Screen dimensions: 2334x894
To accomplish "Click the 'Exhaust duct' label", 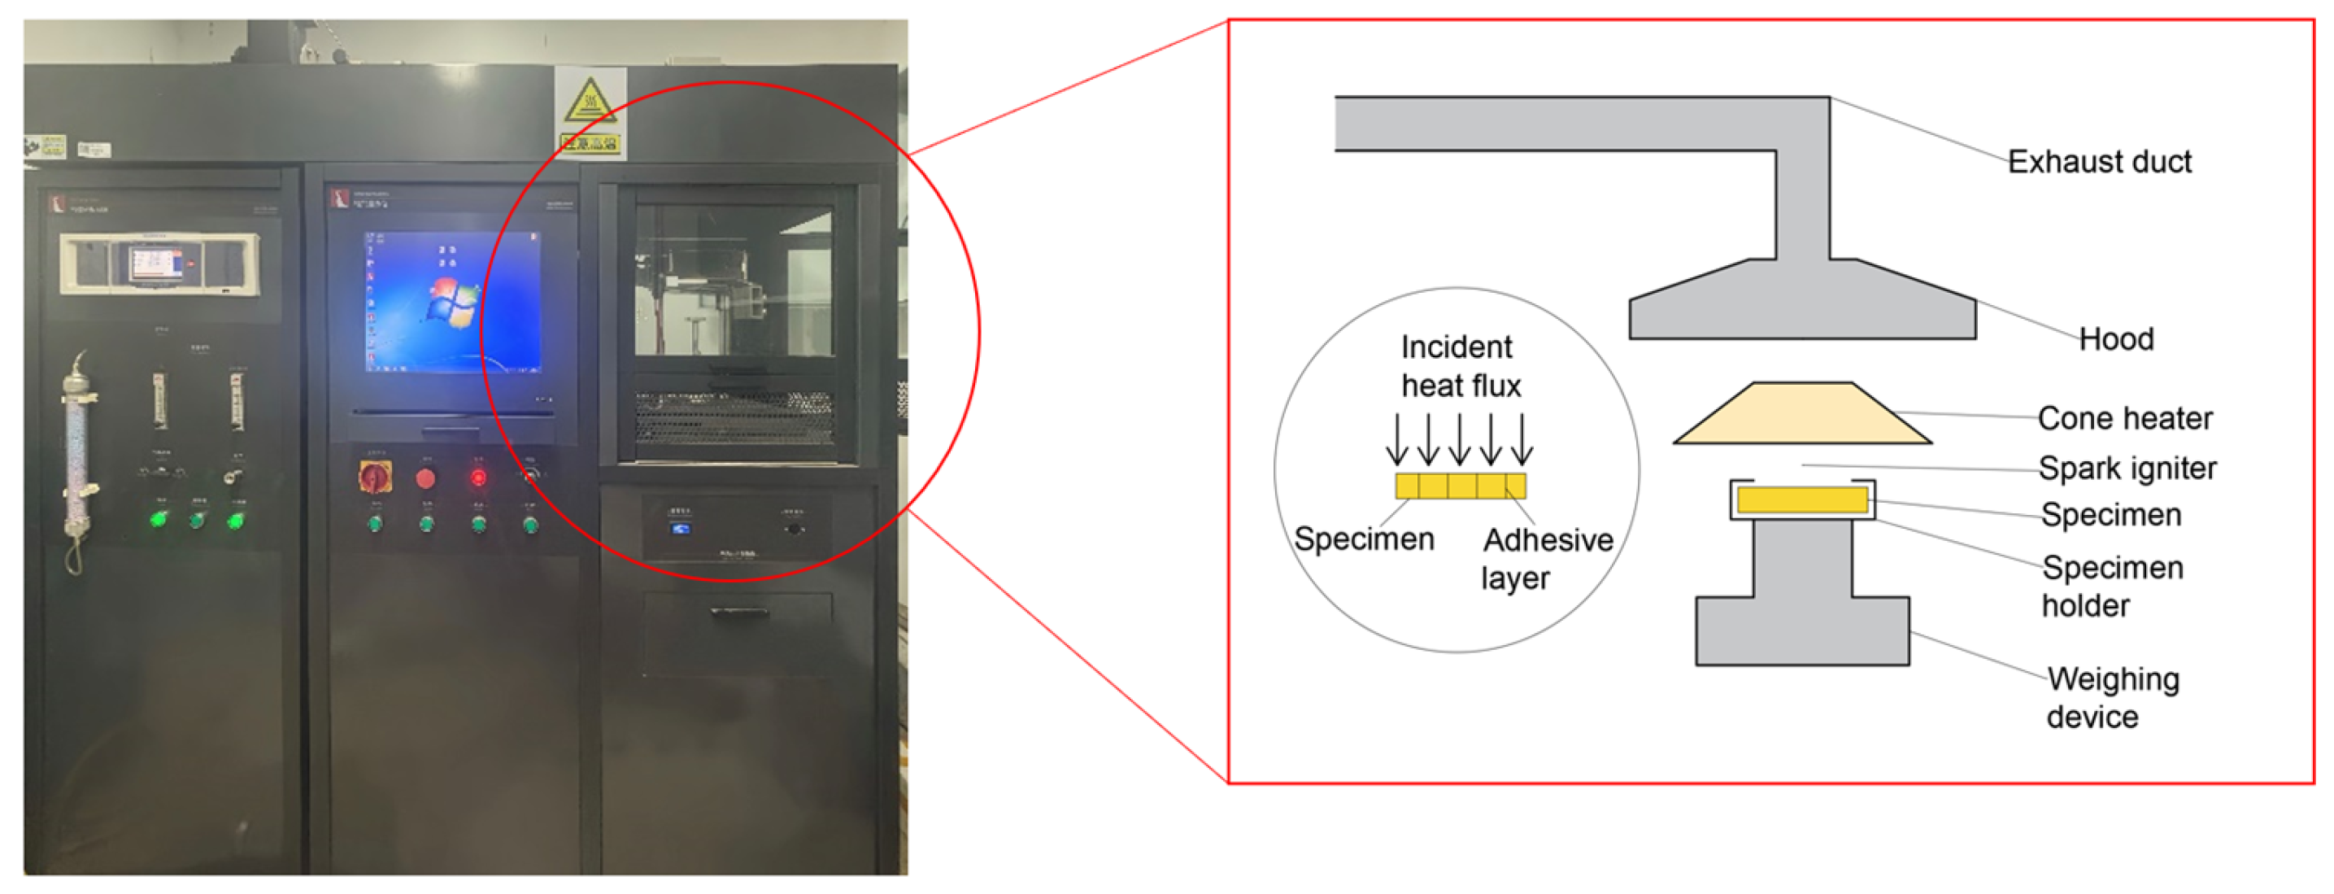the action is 2098,161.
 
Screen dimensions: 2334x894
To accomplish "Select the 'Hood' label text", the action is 2114,339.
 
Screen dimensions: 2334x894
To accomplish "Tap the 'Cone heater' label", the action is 2124,418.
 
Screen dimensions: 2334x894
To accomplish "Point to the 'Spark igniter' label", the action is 2127,468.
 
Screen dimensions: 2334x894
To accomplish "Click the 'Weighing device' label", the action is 2112,697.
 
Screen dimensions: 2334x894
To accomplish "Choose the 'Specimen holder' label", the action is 2111,586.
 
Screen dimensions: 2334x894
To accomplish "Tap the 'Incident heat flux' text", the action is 1460,366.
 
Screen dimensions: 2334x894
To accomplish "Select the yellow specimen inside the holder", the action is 1801,499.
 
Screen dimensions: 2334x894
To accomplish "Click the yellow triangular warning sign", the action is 589,101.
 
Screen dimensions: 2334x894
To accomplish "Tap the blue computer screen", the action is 452,302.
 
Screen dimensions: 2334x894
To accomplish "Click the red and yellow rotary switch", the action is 373,476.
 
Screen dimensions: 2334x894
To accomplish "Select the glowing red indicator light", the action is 477,477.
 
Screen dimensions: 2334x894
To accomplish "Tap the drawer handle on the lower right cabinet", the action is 738,613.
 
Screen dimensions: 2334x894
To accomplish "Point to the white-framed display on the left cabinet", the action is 159,264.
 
